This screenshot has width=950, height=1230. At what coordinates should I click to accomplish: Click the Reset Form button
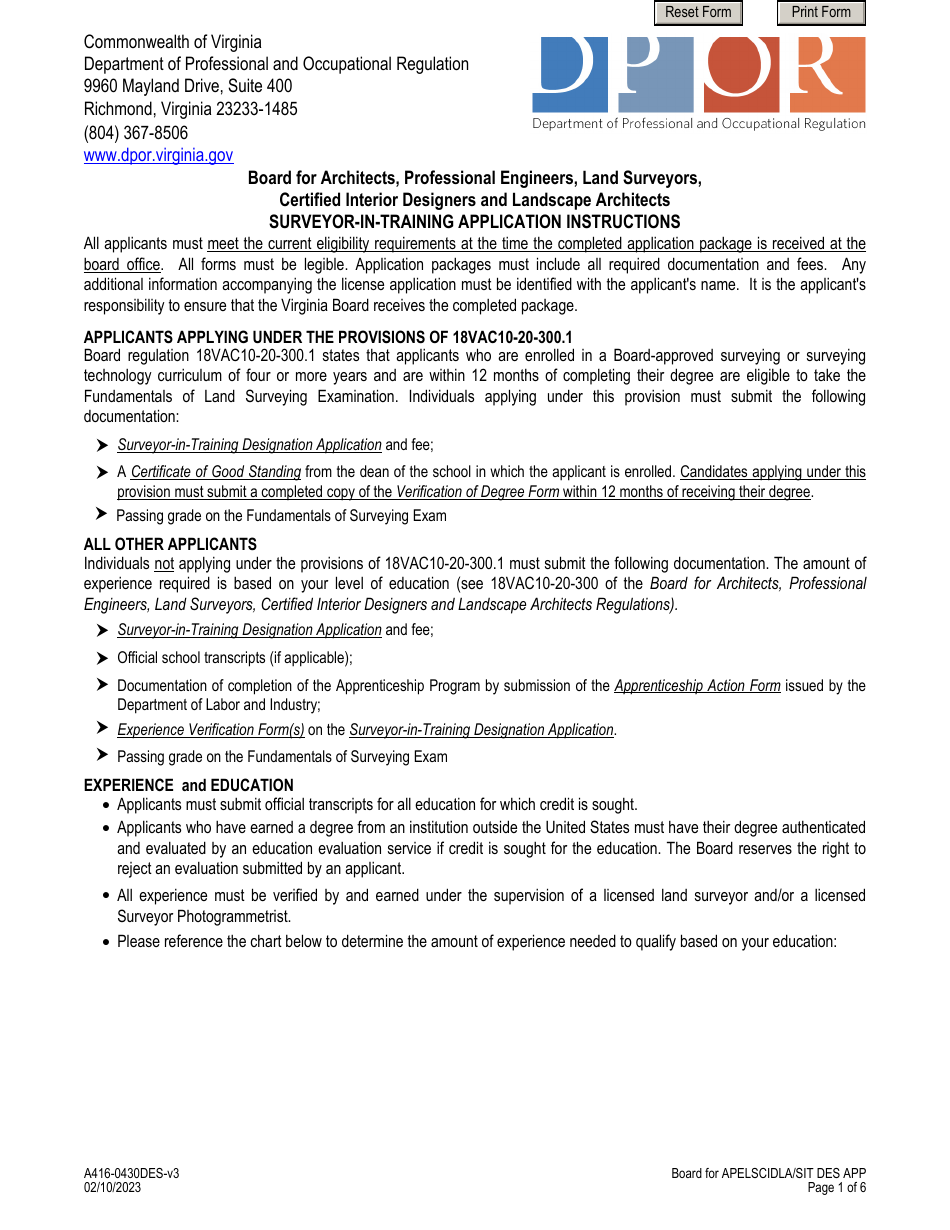tap(698, 13)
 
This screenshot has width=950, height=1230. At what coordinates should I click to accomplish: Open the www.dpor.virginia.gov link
tap(158, 155)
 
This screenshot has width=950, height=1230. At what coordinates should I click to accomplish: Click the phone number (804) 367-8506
tap(136, 133)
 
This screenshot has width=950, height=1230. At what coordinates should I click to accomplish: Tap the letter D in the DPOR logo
tap(570, 74)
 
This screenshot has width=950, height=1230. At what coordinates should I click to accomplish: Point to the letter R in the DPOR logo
tap(828, 74)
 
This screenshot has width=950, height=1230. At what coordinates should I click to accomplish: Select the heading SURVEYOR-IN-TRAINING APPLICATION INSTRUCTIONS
tap(474, 222)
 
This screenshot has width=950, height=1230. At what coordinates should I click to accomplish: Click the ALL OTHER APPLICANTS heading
tap(170, 545)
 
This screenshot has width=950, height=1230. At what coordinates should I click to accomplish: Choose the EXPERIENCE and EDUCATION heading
tap(188, 785)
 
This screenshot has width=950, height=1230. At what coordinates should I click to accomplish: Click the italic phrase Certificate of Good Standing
tap(215, 472)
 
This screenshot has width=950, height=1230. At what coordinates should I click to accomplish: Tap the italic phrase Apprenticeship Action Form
tap(697, 686)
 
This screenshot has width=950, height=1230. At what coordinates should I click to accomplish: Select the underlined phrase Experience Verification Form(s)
tap(210, 730)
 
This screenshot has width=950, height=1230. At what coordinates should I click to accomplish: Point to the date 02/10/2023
tap(112, 1188)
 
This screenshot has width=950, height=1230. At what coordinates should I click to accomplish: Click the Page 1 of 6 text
tap(836, 1188)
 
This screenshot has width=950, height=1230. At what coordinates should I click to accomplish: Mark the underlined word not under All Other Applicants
tap(164, 564)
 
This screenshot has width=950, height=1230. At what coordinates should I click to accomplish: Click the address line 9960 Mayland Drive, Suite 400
tap(188, 87)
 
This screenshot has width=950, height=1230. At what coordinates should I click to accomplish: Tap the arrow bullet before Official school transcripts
tap(102, 658)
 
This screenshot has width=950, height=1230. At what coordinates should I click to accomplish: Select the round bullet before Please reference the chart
tap(106, 942)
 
